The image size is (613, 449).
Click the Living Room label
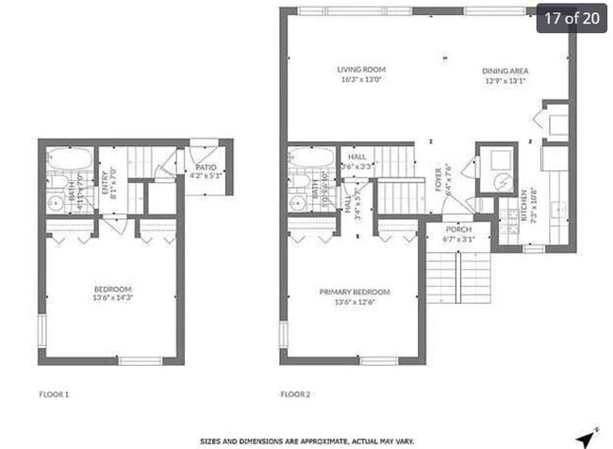point(362,69)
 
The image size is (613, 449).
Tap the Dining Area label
point(505,71)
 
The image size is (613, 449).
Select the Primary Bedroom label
point(355,292)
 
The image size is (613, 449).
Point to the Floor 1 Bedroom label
point(112,289)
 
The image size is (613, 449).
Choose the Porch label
point(458,229)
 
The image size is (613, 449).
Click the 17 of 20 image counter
point(571,18)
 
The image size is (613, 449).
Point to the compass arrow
point(588,437)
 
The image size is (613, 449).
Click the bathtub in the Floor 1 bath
point(70,158)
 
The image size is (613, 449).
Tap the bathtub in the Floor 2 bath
point(311,158)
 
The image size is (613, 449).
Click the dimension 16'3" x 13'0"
point(362,79)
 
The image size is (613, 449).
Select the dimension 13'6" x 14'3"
point(112,299)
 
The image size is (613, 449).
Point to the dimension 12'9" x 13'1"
point(505,81)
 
